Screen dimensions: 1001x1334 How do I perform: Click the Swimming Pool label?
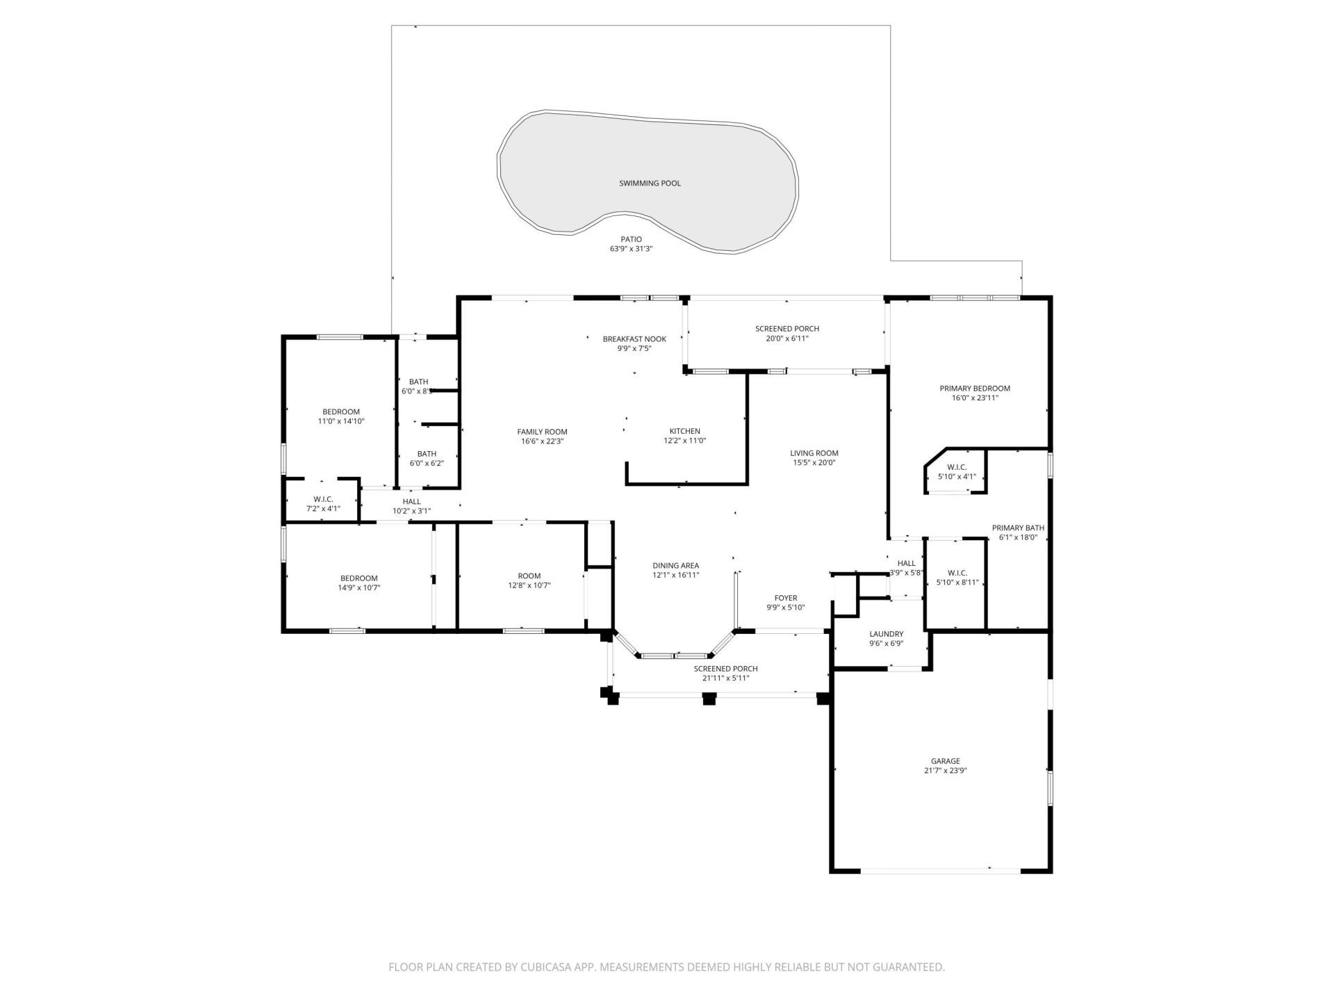650,184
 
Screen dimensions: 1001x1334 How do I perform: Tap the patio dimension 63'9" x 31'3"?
631,249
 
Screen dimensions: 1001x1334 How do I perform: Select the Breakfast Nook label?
634,339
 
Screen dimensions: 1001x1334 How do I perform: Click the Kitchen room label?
684,431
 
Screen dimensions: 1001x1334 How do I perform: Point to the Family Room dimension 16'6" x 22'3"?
542,441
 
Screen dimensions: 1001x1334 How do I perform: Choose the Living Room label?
814,453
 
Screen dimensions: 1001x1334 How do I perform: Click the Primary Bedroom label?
974,389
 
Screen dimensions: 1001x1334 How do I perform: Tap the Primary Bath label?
1017,528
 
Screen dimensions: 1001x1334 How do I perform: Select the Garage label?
945,761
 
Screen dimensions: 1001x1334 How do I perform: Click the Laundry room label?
886,634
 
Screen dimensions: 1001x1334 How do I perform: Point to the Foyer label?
786,598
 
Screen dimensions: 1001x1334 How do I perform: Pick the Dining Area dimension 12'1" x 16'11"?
675,576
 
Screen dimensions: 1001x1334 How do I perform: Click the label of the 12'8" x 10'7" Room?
529,576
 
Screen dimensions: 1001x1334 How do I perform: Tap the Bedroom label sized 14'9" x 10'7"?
359,578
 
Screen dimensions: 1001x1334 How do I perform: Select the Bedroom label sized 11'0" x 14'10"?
340,412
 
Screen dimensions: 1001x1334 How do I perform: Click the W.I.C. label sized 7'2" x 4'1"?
323,499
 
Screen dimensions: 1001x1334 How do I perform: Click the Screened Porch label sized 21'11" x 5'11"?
725,669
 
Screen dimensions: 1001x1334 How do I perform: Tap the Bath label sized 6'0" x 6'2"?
427,454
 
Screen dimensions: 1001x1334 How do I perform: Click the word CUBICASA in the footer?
553,967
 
